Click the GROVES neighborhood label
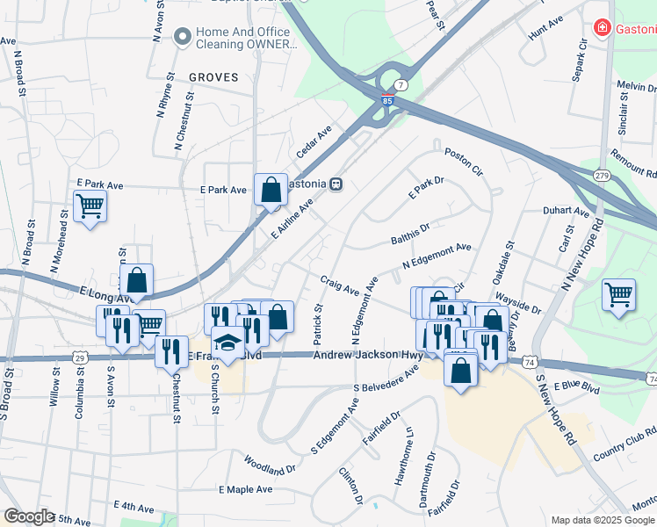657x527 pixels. click(213, 77)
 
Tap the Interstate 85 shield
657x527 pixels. click(387, 101)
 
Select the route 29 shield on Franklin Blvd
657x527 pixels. click(80, 358)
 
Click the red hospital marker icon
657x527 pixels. click(602, 28)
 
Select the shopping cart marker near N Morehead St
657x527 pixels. click(90, 206)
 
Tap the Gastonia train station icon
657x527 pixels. click(336, 184)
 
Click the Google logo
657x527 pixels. click(29, 516)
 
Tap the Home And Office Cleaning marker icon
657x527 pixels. click(183, 37)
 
